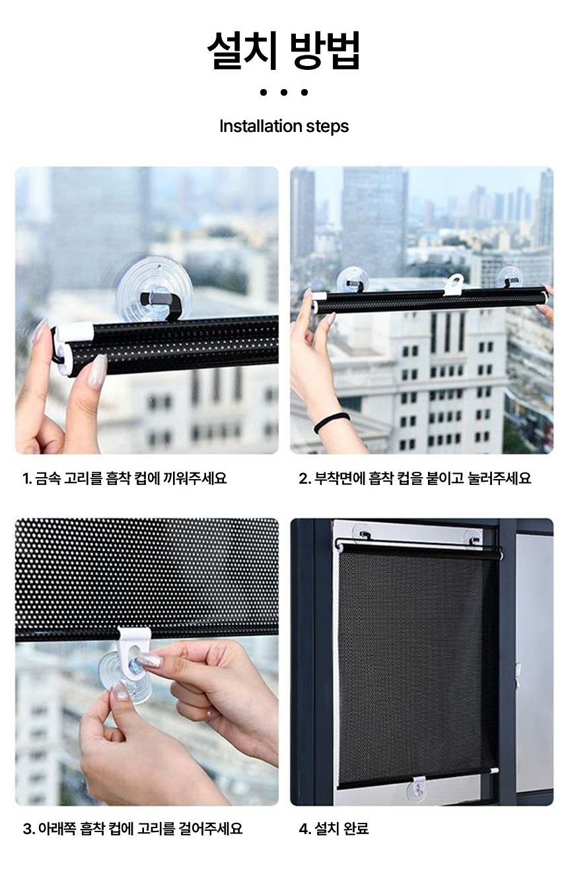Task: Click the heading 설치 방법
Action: pos(283,51)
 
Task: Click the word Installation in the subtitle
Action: pos(261,126)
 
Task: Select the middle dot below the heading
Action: pos(284,92)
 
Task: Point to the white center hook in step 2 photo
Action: pos(454,284)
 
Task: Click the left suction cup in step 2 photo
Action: pos(353,280)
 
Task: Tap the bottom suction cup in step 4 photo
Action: pos(419,787)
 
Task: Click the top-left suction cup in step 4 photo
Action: pos(362,533)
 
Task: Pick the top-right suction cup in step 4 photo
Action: pos(475,538)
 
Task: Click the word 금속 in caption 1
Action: pos(48,478)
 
